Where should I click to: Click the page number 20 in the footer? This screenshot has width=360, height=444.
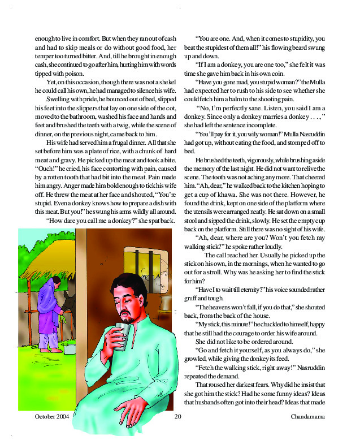click(177, 417)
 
